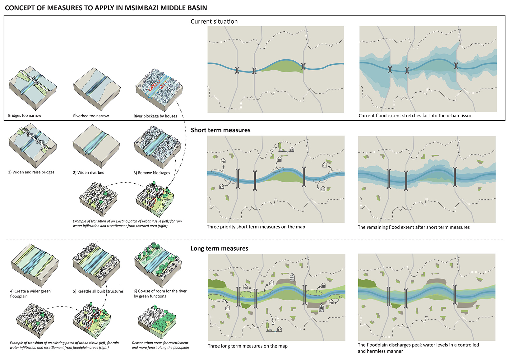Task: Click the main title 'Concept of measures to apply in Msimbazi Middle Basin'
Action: (106, 8)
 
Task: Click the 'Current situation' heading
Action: (214, 21)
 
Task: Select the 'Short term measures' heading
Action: (220, 130)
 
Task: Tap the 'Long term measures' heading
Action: (219, 248)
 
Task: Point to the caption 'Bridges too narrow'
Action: (25, 116)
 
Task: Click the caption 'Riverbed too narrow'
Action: (91, 116)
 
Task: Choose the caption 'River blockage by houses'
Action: (155, 116)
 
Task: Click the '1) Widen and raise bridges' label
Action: (31, 172)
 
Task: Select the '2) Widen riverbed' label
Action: (89, 173)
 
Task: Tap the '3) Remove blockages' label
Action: (152, 173)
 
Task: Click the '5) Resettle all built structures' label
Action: (98, 291)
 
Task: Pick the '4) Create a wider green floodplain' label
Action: (30, 294)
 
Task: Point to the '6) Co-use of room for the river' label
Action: (160, 293)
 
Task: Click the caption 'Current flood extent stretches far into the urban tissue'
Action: (415, 116)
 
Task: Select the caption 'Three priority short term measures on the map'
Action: (256, 227)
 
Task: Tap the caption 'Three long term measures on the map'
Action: (248, 346)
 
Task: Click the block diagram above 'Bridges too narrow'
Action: (32, 88)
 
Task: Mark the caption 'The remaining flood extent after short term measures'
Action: (414, 227)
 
